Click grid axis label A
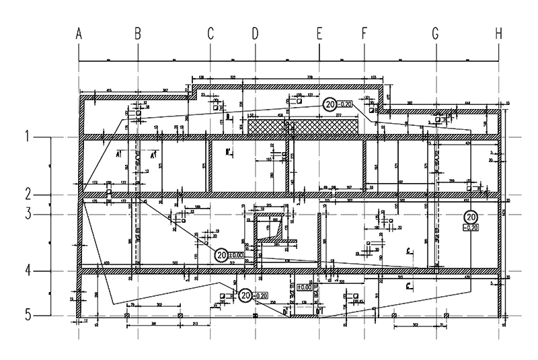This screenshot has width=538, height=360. point(79,32)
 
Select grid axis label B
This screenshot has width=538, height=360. point(137,32)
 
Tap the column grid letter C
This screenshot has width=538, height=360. point(210,32)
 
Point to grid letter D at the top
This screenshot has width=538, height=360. point(255,32)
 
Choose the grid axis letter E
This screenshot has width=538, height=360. point(319,32)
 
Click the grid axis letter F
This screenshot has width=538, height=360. point(364,32)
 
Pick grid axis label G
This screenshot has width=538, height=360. point(435,32)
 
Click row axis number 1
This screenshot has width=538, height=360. point(28,137)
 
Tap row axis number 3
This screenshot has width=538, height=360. point(28,214)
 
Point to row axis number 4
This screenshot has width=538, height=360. point(28,271)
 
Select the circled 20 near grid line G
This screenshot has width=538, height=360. point(471,217)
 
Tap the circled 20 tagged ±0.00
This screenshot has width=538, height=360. point(221,255)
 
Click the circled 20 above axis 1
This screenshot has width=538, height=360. point(330,104)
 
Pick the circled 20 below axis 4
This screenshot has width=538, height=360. point(244,295)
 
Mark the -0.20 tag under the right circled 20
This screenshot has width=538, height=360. point(471,227)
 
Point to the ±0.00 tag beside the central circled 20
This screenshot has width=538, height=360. point(236,255)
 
